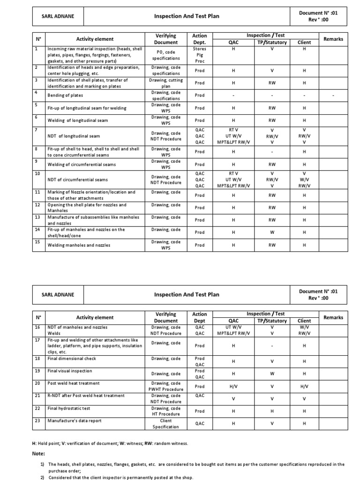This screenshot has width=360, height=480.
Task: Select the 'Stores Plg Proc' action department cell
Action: [x=200, y=54]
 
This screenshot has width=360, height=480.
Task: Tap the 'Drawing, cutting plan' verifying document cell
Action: [x=165, y=83]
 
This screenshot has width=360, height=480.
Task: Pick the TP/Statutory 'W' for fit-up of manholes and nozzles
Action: [x=272, y=232]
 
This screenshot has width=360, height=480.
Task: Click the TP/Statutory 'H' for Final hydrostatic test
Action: [x=272, y=411]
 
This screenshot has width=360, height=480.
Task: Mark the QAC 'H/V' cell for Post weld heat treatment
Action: [x=233, y=387]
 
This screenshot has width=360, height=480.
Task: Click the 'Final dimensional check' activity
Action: [x=72, y=359]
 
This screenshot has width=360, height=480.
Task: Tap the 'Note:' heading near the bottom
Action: [x=38, y=453]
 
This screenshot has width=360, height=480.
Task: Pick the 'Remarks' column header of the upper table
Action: [x=333, y=39]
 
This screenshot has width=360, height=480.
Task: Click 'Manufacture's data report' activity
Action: [x=75, y=420]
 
